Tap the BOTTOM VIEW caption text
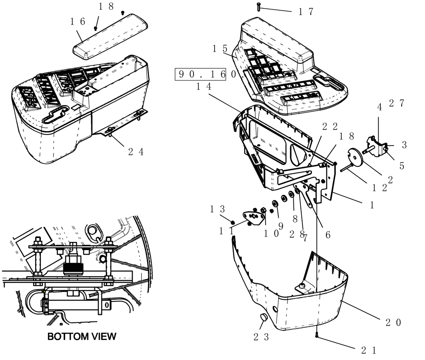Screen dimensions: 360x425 point(82,337)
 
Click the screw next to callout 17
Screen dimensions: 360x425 point(258,7)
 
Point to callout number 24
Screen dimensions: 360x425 point(136,152)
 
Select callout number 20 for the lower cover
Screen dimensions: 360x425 point(393,323)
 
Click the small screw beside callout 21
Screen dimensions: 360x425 point(317,336)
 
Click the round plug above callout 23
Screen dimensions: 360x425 point(263,318)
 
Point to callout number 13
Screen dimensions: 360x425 point(217,208)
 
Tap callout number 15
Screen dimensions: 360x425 point(221,48)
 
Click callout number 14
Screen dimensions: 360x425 point(204,86)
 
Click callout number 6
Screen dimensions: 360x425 point(328,234)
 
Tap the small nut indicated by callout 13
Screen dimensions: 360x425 point(233,222)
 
